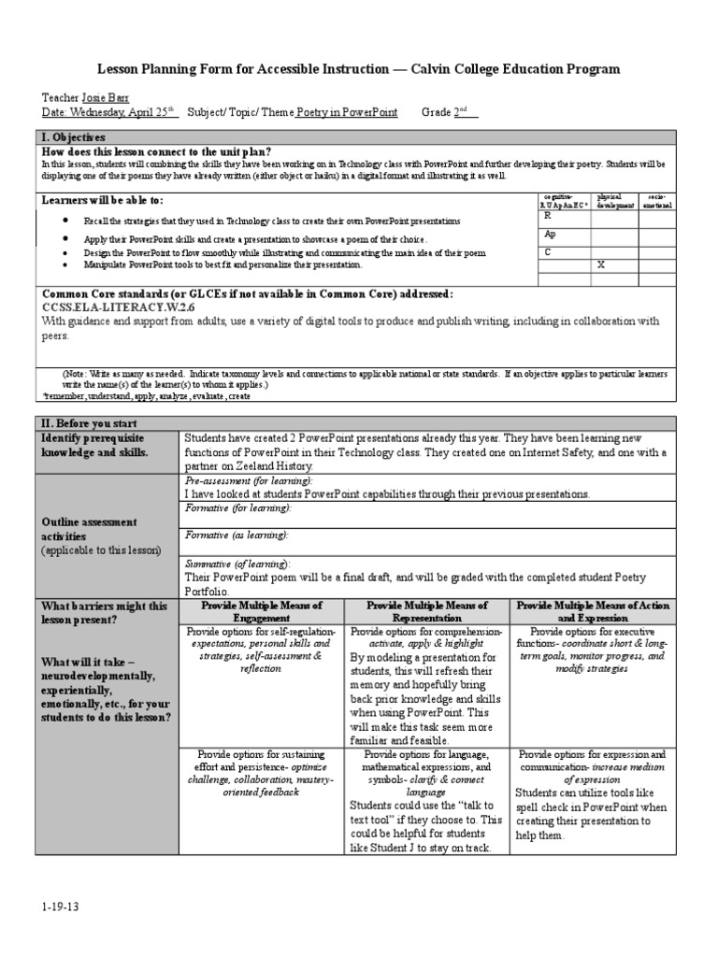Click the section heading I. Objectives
73,137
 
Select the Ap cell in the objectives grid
551,235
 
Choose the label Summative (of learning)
237,564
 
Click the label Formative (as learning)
237,535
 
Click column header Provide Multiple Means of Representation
427,612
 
